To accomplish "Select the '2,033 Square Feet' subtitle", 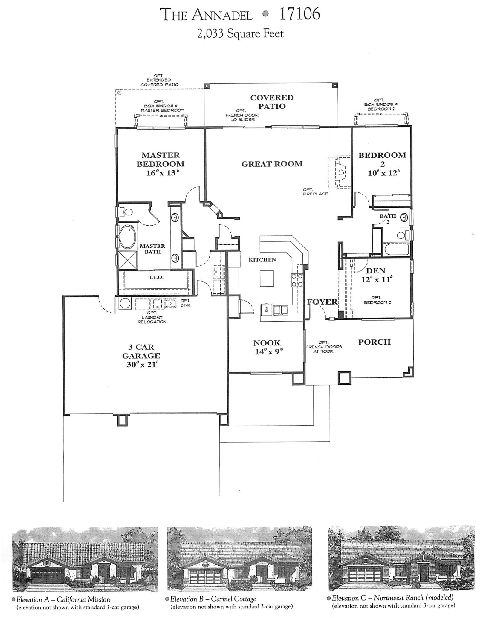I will (x=240, y=34).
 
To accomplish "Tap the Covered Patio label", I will (x=272, y=102).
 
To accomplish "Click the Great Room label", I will (x=272, y=164).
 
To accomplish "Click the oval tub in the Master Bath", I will (x=128, y=236).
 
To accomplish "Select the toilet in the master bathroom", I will (x=126, y=212).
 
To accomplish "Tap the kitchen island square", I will (x=267, y=278).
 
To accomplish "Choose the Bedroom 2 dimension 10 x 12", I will (x=382, y=173).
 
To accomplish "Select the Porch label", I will (x=374, y=342).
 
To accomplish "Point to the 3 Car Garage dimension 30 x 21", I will (x=141, y=365).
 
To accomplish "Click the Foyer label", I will (x=322, y=302).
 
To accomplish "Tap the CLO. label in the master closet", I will (x=157, y=277).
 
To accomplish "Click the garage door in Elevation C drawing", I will (x=365, y=573).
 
